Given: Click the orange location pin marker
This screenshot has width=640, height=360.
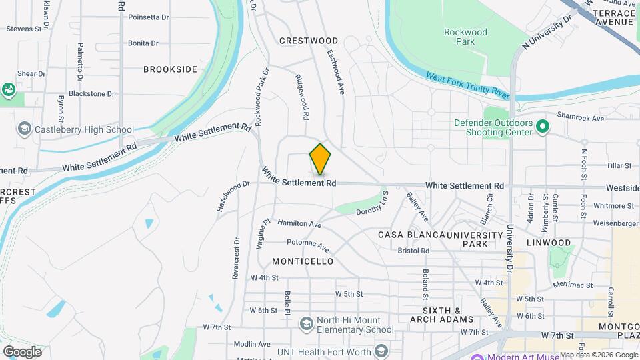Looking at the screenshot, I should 320,159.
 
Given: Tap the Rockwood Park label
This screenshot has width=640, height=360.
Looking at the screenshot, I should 465,37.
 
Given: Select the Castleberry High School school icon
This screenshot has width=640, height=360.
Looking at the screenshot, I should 25,129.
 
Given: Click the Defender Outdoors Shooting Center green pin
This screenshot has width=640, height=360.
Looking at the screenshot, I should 543,126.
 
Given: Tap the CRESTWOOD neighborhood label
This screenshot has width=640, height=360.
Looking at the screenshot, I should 309,41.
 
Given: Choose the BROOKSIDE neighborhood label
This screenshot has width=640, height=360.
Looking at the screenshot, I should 171,69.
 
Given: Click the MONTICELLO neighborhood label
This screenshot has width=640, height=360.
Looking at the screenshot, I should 303,261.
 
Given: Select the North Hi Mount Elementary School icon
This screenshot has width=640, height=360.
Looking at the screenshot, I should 306,324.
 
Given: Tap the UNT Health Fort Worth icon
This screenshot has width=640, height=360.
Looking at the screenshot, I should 381,351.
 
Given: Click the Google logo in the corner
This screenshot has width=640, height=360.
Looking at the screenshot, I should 23,352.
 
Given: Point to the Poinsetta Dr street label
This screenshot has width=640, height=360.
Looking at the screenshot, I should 147,17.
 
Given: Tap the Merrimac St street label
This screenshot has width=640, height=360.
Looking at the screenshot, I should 573,285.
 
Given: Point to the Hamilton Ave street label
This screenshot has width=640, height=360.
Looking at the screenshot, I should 299,224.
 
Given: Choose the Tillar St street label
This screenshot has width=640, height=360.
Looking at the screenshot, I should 619,165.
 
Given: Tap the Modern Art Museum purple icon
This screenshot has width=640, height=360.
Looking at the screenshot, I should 477,356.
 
